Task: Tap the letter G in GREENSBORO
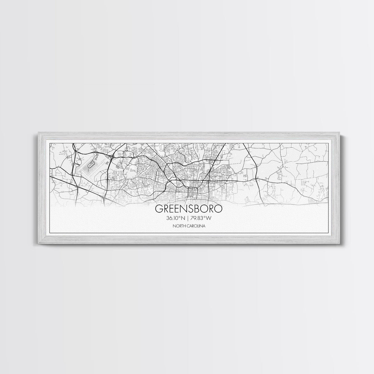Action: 159,209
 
